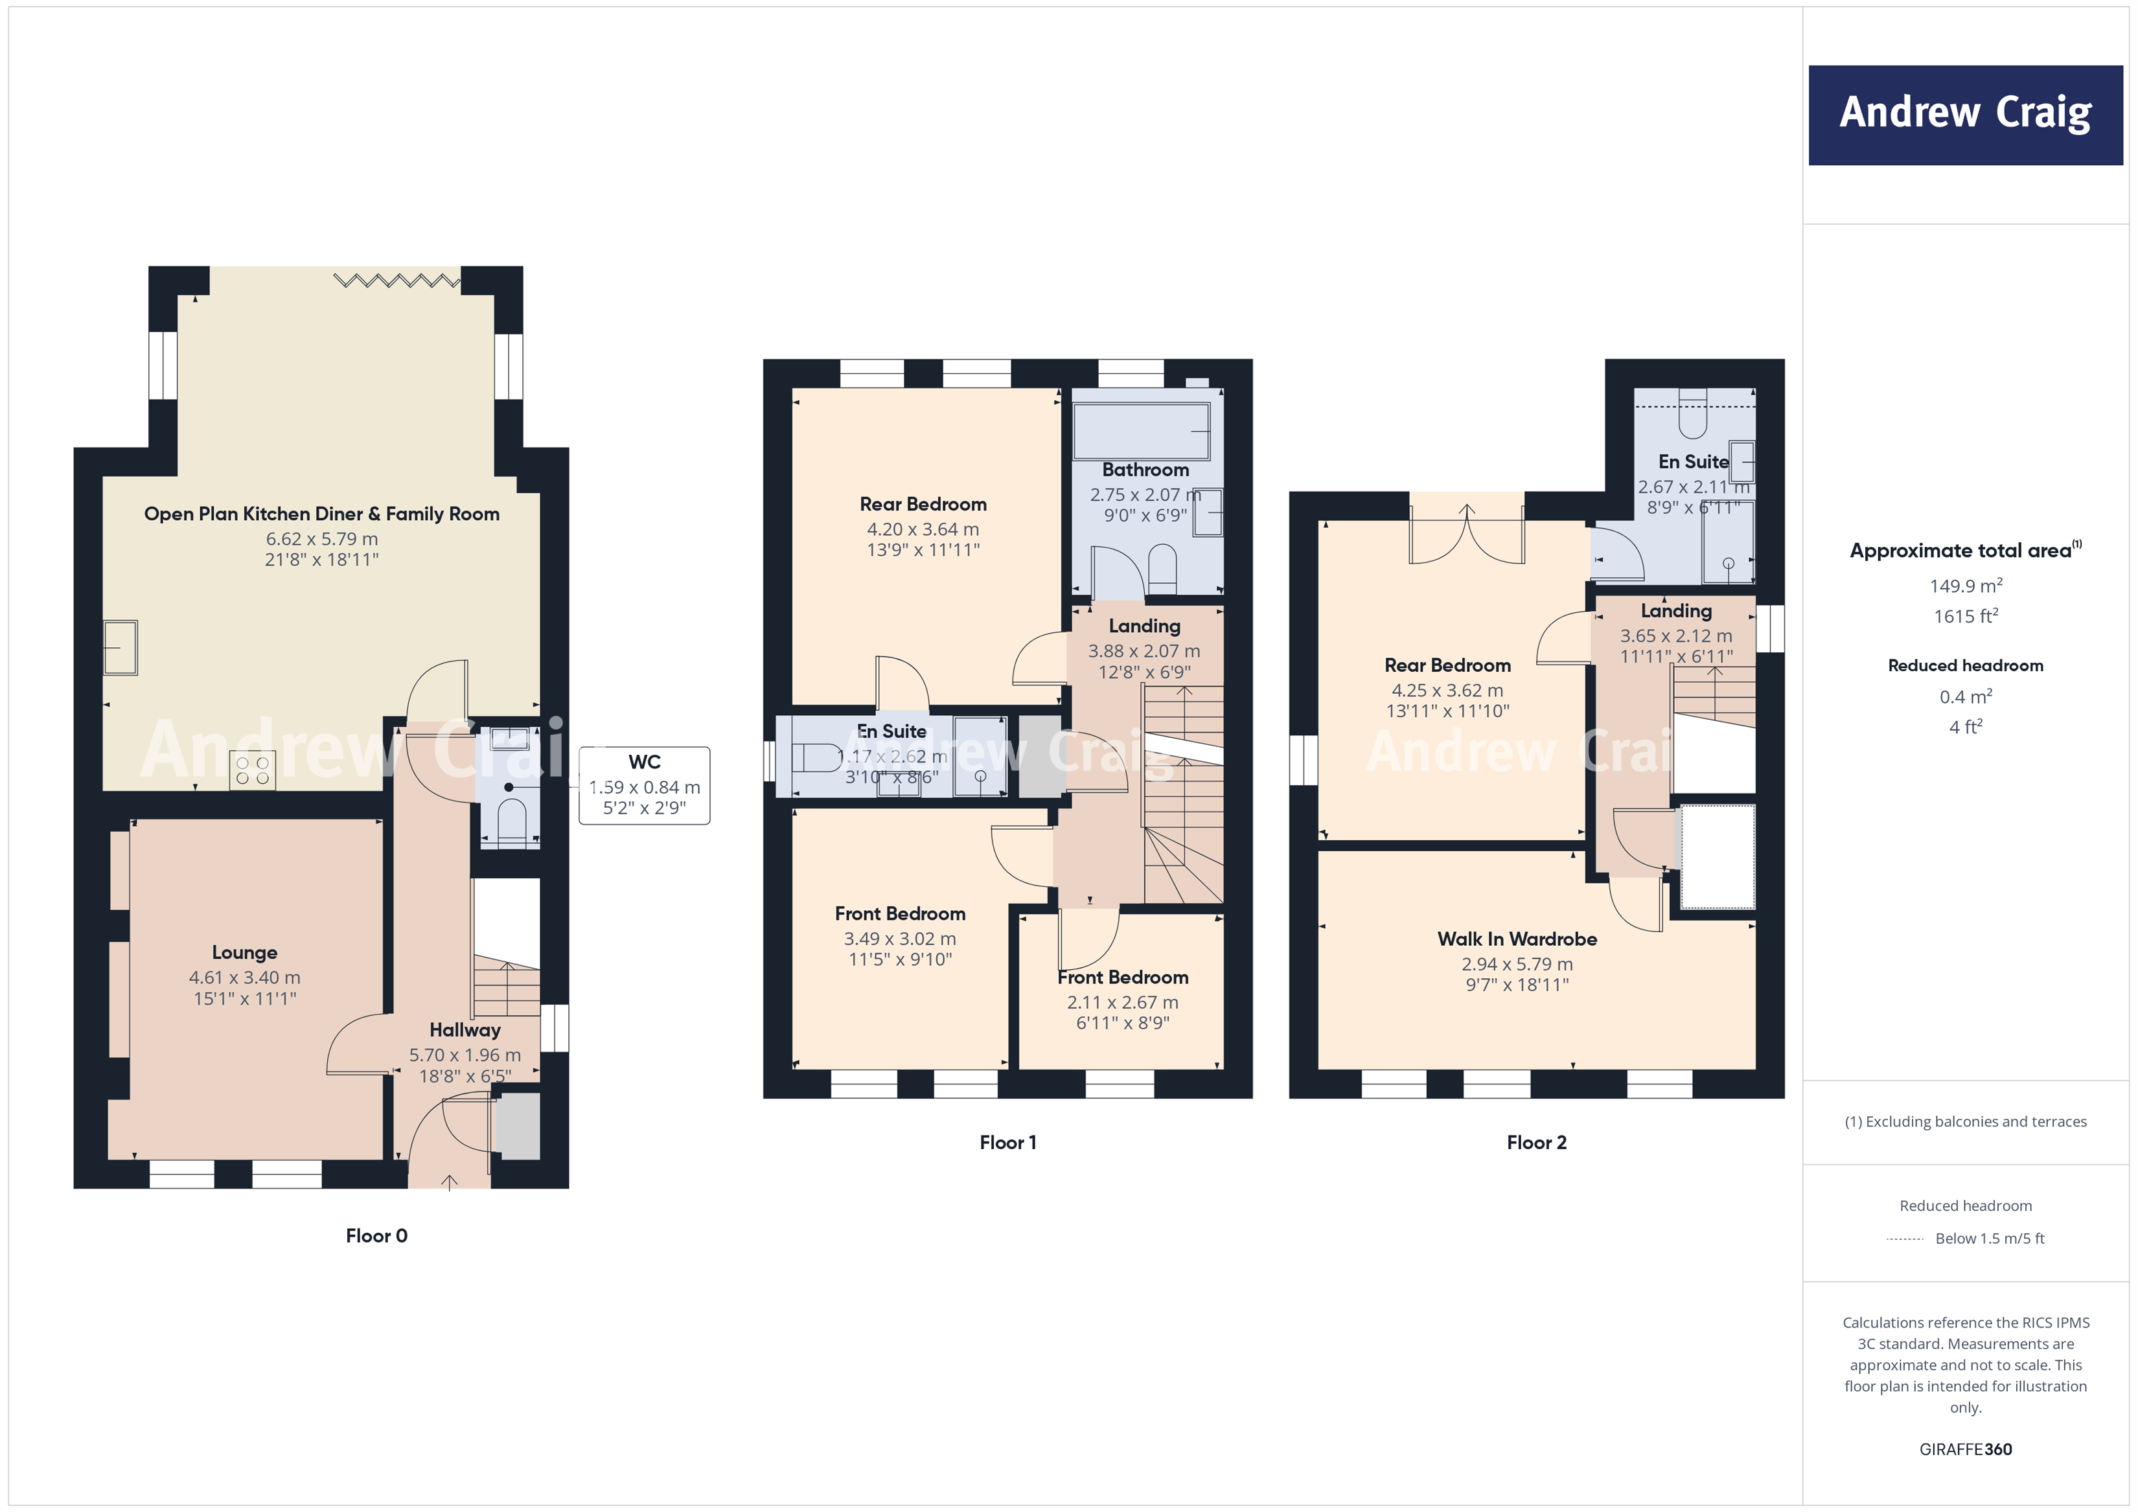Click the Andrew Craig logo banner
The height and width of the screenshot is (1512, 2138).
click(x=1965, y=115)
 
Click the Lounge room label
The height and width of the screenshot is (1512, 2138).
click(x=244, y=952)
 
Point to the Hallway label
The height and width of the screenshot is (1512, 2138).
click(x=465, y=1030)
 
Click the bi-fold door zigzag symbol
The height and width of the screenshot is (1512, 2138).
click(x=397, y=279)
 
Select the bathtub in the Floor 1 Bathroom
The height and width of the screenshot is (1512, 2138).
click(x=1141, y=431)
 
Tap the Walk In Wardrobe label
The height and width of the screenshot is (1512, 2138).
click(x=1516, y=939)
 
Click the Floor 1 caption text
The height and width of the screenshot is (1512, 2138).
click(x=1007, y=1142)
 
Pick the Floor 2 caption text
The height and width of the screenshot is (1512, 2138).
click(x=1537, y=1142)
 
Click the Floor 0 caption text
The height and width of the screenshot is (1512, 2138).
click(x=376, y=1235)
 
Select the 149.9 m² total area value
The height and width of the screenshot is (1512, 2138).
click(x=1965, y=586)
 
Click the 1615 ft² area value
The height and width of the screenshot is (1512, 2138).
click(x=1965, y=616)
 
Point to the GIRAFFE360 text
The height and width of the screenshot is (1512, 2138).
click(x=1965, y=1450)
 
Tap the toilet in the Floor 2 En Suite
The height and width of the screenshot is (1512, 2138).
click(x=1692, y=415)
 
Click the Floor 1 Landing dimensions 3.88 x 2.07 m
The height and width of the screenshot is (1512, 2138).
click(x=1144, y=651)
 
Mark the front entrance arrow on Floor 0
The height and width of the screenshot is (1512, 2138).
click(x=449, y=1182)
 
